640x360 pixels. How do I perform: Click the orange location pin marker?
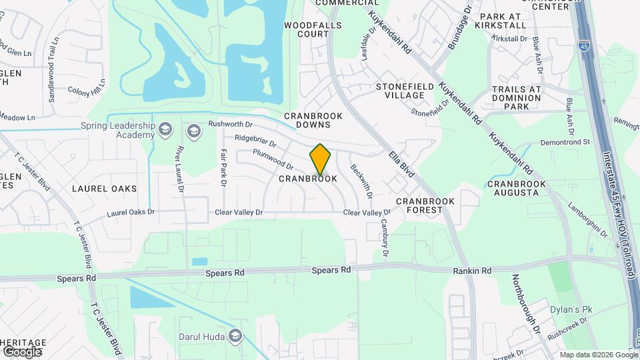(320, 159)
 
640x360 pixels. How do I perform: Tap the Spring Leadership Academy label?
(117, 130)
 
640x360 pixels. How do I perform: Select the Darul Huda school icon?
(234, 335)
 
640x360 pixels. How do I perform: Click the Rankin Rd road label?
(473, 271)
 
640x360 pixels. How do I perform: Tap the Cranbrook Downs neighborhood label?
(313, 120)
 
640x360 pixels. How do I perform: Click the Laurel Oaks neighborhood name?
(104, 189)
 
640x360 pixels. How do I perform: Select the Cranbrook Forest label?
(425, 205)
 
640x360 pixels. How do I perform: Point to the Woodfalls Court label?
(313, 29)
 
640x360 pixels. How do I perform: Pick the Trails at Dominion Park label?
(517, 97)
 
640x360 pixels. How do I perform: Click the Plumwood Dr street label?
(273, 160)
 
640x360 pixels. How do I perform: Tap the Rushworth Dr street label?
(231, 124)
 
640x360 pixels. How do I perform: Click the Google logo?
(22, 351)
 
